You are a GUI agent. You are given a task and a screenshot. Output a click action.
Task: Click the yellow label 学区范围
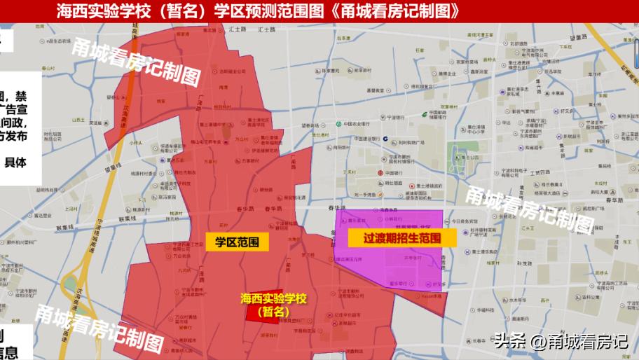pyautogui.click(x=233, y=242)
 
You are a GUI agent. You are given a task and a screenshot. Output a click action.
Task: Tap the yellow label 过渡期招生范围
pyautogui.click(x=401, y=238)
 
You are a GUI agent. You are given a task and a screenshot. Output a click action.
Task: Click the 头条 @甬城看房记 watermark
pyautogui.click(x=561, y=342)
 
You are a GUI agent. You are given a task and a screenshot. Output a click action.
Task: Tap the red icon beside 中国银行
pyautogui.click(x=380, y=173)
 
